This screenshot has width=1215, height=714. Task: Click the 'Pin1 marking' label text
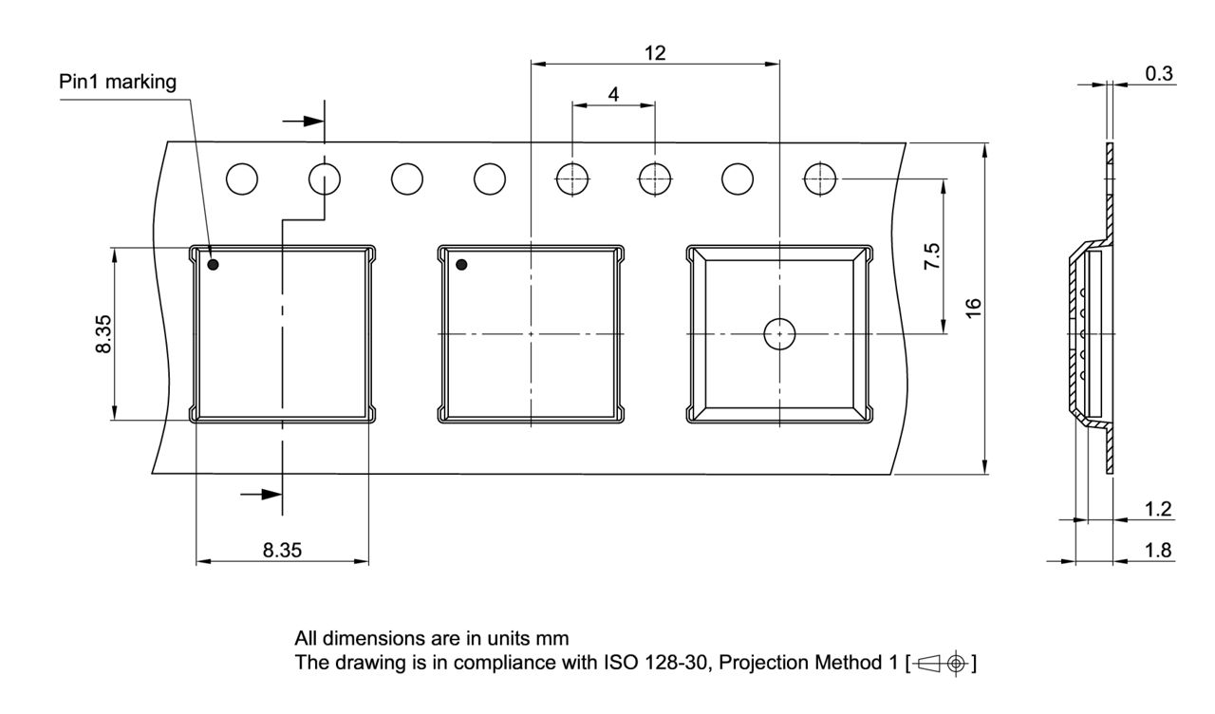[118, 83]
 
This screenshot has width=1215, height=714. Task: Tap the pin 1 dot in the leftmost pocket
[214, 264]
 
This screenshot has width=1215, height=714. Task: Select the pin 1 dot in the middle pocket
[462, 264]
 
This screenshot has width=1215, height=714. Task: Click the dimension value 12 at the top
[655, 53]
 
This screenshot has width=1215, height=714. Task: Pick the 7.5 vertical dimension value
[932, 257]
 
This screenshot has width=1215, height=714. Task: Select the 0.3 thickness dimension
[1159, 74]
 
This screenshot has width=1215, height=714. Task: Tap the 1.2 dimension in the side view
[1158, 510]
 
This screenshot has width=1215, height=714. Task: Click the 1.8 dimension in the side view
[1158, 551]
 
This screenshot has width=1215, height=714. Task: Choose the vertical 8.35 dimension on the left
[103, 334]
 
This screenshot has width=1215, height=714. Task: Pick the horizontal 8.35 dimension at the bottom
[282, 551]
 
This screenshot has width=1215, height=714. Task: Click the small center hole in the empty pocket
[779, 334]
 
